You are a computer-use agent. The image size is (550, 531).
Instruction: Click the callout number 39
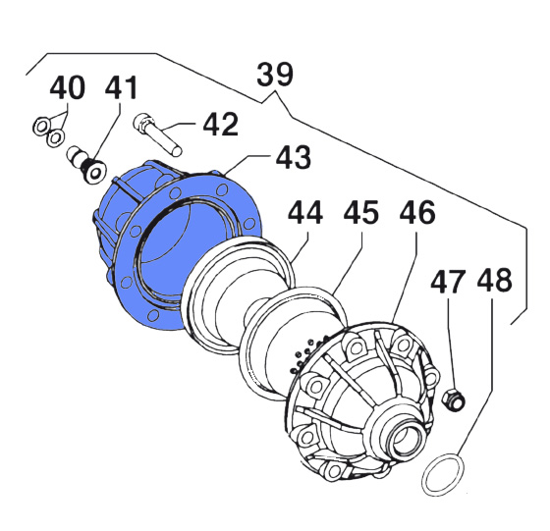(x=275, y=75)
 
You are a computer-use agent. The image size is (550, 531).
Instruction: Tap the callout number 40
(x=68, y=87)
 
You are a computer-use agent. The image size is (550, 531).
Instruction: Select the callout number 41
(x=121, y=87)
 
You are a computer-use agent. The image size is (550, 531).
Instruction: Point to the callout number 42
(x=221, y=125)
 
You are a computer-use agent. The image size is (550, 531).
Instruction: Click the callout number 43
(x=294, y=157)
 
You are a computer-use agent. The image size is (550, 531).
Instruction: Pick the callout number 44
(x=305, y=212)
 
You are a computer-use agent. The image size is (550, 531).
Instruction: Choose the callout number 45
(x=361, y=212)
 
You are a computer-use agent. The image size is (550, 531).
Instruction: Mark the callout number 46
(x=417, y=212)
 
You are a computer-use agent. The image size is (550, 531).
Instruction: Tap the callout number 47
(x=448, y=281)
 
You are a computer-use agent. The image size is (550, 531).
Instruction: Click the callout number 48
(x=495, y=281)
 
